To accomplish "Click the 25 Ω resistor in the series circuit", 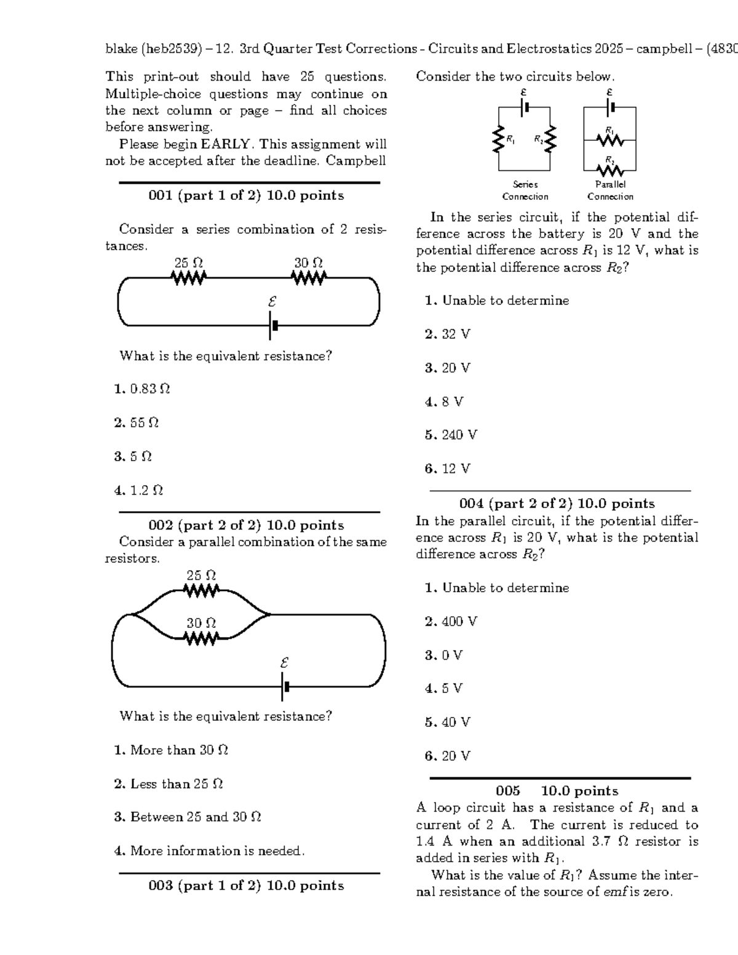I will point(189,279).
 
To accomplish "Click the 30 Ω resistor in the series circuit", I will point(309,279).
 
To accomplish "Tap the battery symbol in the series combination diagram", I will point(273,325).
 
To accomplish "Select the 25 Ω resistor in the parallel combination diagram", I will point(201,591).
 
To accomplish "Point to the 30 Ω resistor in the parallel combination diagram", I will point(201,639).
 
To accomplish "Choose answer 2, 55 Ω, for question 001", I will point(137,423).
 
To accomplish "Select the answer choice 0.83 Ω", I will point(142,389).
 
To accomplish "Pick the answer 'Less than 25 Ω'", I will point(169,784).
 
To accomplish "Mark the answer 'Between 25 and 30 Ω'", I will point(188,817).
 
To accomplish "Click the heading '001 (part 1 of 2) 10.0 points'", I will point(246,196).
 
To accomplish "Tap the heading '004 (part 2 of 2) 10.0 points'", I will point(557,504).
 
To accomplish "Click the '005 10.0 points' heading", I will point(557,791).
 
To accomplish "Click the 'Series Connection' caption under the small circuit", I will point(525,191).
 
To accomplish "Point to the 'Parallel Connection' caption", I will point(610,191).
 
